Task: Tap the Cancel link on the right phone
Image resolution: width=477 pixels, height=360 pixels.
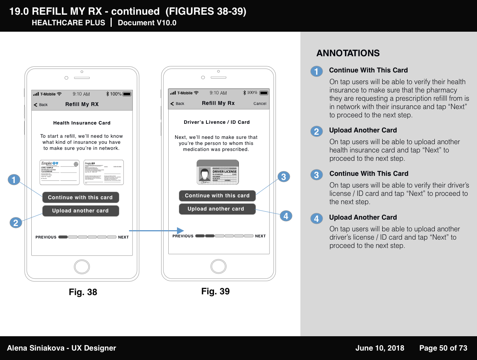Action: click(x=260, y=103)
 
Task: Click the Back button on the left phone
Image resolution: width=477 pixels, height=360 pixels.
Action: click(x=41, y=105)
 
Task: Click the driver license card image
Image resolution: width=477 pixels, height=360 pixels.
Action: click(x=218, y=173)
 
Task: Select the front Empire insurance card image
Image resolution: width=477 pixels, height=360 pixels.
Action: click(x=59, y=172)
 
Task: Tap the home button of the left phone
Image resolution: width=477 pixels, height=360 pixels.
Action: click(x=82, y=267)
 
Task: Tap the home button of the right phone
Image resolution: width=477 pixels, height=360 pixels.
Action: click(x=218, y=266)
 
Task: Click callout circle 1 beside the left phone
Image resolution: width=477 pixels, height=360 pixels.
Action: click(x=14, y=180)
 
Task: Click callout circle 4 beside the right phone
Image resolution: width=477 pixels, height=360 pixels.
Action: click(x=286, y=216)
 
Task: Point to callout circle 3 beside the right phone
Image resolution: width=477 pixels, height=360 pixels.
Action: click(x=284, y=177)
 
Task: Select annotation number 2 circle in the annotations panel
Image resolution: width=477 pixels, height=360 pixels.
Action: click(x=317, y=131)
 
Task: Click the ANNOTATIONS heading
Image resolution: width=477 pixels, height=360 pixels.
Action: click(x=348, y=53)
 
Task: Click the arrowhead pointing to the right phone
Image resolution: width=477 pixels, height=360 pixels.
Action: click(x=180, y=231)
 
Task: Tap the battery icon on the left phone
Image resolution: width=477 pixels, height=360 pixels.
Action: click(x=127, y=94)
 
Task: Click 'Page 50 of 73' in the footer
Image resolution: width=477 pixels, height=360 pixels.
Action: click(x=443, y=348)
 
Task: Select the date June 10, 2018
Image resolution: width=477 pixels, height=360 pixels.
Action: click(x=380, y=348)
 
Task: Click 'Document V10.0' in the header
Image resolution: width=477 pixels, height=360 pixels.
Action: click(x=147, y=23)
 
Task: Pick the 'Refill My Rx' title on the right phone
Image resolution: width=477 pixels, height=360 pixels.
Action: click(x=218, y=103)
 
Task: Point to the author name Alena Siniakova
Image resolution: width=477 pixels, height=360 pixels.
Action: click(x=35, y=348)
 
